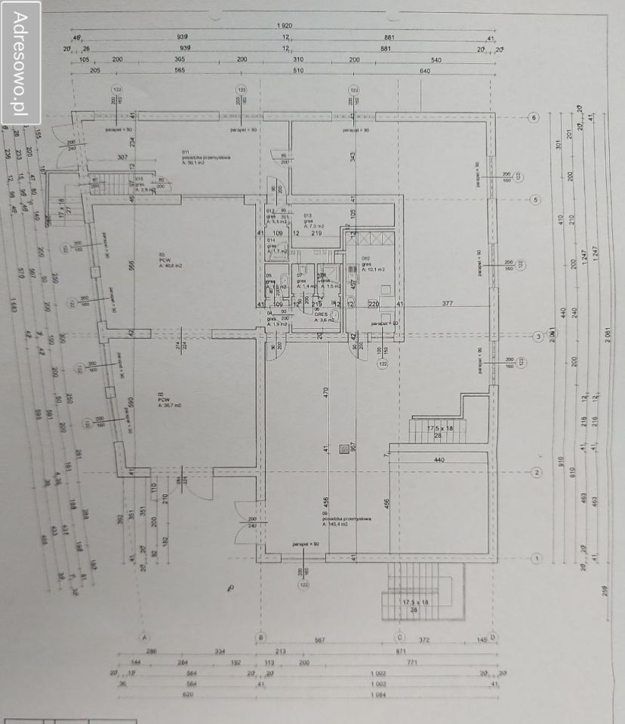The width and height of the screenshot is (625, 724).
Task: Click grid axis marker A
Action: coord(144,637)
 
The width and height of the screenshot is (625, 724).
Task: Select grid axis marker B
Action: coord(260,637)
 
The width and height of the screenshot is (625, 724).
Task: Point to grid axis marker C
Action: coord(398,637)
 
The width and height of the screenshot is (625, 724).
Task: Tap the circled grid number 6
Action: coord(534,118)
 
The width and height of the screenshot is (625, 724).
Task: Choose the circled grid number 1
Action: coord(537,558)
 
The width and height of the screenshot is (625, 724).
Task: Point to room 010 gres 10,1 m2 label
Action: coord(373,265)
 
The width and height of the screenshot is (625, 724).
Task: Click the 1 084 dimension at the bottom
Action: coord(375,696)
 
